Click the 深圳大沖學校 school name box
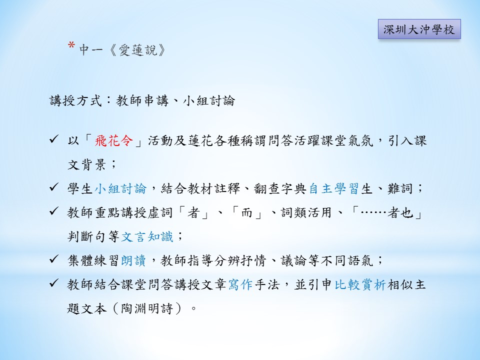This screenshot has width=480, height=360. [x=419, y=29]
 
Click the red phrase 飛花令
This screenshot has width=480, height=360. [x=114, y=141]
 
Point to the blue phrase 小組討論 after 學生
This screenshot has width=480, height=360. [x=120, y=188]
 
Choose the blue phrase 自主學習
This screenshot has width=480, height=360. [x=333, y=188]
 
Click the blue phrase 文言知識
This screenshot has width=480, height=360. [x=147, y=236]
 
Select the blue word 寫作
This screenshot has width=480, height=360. [x=240, y=284]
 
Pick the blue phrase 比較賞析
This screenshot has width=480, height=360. [x=360, y=284]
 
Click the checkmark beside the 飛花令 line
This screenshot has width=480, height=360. [x=54, y=139]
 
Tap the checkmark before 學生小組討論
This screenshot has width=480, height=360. [x=54, y=187]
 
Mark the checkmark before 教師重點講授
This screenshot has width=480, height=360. [x=54, y=211]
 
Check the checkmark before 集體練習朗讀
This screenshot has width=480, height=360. [x=54, y=259]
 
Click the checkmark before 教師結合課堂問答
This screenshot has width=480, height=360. [x=54, y=283]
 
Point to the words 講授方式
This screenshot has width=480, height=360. [x=75, y=100]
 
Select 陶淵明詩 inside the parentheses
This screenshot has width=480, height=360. [x=147, y=308]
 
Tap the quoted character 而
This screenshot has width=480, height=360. [x=246, y=212]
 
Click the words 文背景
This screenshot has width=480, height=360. [x=87, y=165]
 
